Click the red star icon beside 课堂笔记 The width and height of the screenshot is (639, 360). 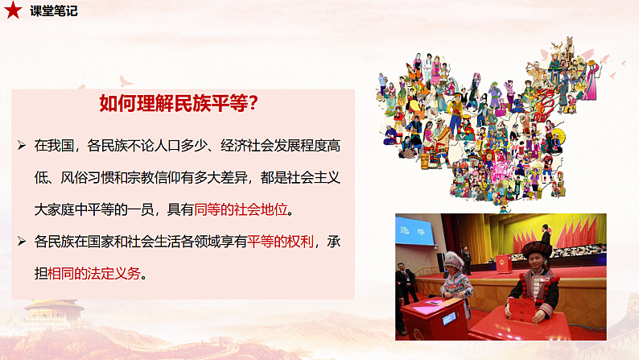pos(14,11)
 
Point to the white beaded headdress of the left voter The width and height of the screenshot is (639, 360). pos(454,262)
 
